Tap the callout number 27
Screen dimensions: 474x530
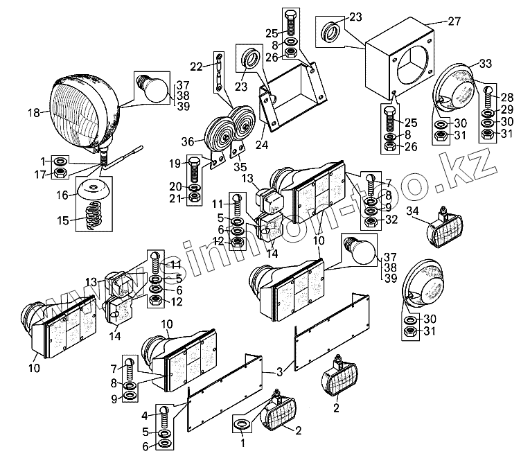point(454,21)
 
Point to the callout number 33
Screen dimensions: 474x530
point(485,64)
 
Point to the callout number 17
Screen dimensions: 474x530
point(42,174)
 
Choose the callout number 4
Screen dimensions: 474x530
point(144,415)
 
